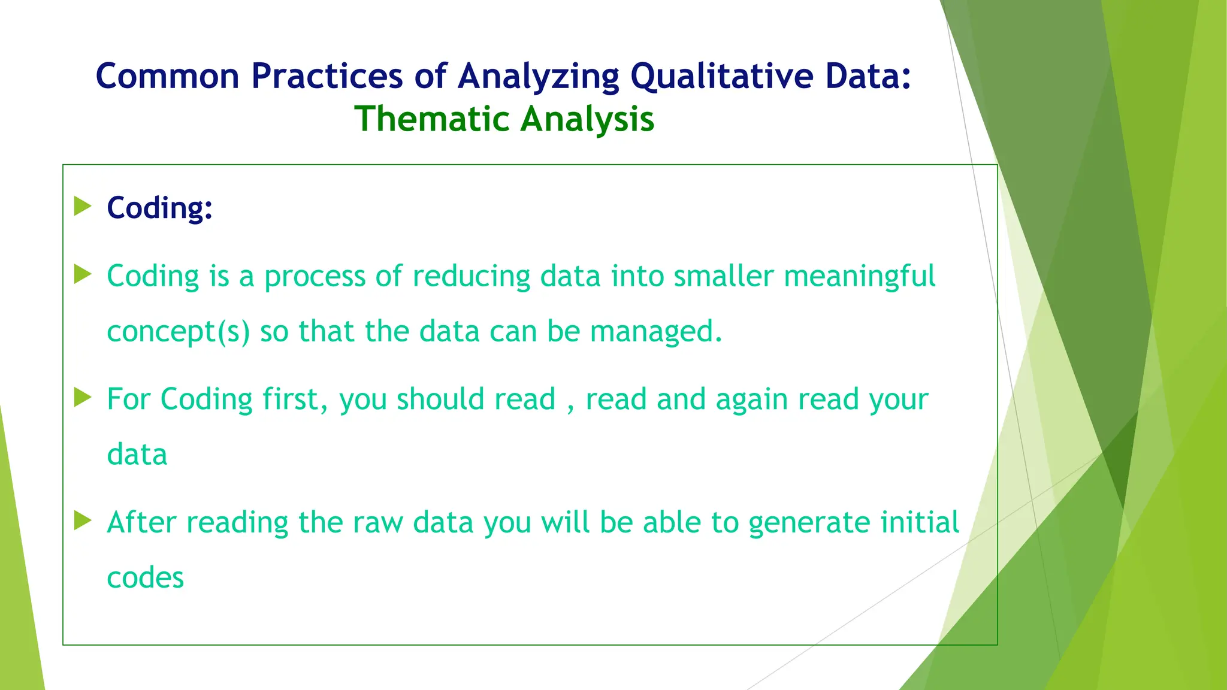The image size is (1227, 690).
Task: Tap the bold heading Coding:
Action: pyautogui.click(x=159, y=208)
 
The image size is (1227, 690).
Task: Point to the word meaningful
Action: pyautogui.click(x=859, y=277)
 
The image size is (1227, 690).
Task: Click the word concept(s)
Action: pyautogui.click(x=178, y=332)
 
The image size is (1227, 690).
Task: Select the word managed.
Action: pyautogui.click(x=655, y=332)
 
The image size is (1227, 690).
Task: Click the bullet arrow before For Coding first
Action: pyautogui.click(x=83, y=397)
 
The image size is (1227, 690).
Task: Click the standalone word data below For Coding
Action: pyautogui.click(x=137, y=455)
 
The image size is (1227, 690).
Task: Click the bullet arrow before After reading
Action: pyautogui.click(x=83, y=520)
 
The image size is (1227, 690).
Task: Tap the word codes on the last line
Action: pyautogui.click(x=145, y=578)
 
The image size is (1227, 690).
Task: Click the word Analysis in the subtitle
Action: pyautogui.click(x=587, y=119)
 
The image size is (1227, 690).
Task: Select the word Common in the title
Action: pyautogui.click(x=167, y=77)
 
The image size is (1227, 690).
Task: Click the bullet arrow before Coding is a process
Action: pyautogui.click(x=83, y=274)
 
